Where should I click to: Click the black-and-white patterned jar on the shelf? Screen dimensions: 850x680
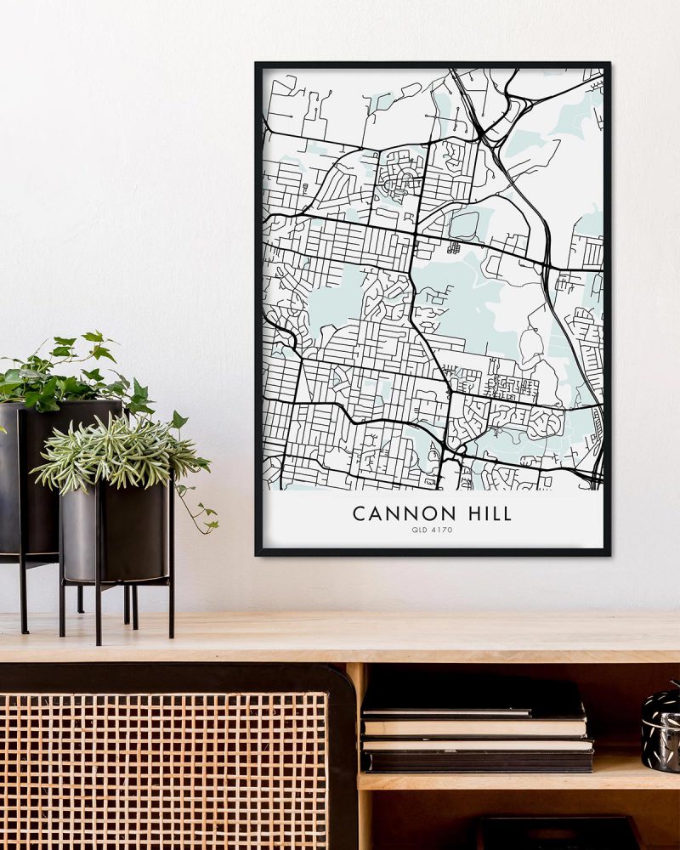tap(660, 728)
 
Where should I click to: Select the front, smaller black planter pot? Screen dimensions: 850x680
tap(116, 531)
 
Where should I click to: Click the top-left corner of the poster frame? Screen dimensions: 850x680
tap(258, 65)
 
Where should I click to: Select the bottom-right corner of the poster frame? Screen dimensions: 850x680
tap(609, 553)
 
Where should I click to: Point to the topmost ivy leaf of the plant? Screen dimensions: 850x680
tap(92, 337)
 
